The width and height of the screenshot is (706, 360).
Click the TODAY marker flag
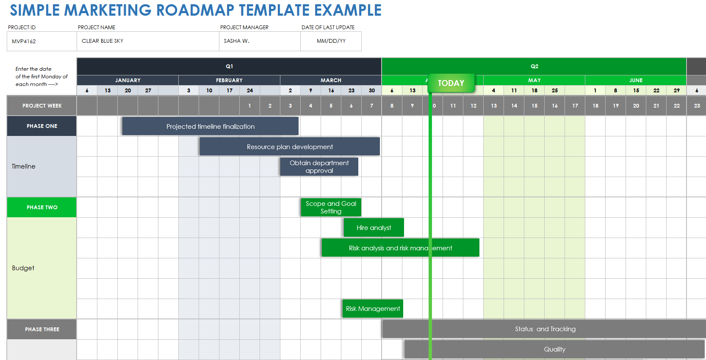point(451,83)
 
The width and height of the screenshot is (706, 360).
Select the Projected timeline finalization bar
point(210,126)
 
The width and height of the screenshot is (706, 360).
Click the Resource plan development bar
point(290,147)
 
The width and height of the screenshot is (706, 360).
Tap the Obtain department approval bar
point(319,166)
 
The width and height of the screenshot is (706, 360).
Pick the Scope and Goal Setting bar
point(331,207)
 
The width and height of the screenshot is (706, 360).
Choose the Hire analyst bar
point(374,227)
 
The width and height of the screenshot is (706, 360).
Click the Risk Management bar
point(373,308)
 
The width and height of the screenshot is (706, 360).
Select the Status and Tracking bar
point(545,329)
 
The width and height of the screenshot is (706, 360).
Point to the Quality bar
point(554,349)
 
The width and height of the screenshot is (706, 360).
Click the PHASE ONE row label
point(42,126)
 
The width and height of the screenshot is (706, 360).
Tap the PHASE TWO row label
point(42,207)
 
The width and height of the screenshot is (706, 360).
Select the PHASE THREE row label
point(42,329)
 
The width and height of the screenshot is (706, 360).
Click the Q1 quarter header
point(229,66)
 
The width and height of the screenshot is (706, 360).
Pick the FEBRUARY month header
point(229,80)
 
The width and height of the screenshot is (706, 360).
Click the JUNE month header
point(636,80)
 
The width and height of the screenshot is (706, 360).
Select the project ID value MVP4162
point(24,41)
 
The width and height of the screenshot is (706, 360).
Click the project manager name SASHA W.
point(236,41)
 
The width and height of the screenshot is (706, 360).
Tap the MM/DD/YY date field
point(331,41)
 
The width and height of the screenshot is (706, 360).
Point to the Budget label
point(23,268)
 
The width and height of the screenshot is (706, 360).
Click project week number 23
point(697,105)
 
